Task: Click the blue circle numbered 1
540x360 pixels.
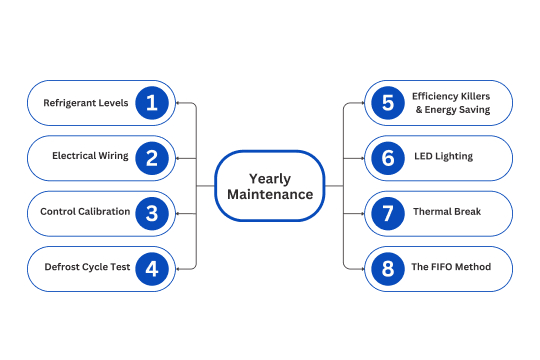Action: tap(152, 103)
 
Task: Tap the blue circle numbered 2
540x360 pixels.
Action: tap(152, 158)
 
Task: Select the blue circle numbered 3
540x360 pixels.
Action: tap(152, 214)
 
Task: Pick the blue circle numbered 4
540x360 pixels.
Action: tap(152, 269)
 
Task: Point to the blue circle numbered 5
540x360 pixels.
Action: tap(388, 103)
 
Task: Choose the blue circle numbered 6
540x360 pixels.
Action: tap(388, 158)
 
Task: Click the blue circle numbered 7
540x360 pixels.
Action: tap(388, 214)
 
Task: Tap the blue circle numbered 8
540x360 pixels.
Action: tap(388, 269)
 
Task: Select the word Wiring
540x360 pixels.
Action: tap(113, 156)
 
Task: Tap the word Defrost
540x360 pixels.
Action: tap(60, 267)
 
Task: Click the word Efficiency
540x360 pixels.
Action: tap(433, 96)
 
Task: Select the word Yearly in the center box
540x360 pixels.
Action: tap(270, 179)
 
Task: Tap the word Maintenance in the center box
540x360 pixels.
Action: tap(270, 194)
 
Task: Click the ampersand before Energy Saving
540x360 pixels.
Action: tap(419, 110)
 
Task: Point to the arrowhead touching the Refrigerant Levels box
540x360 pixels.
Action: tap(178, 103)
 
